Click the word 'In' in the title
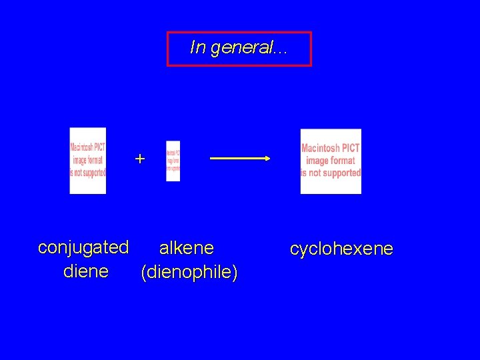pyautogui.click(x=197, y=48)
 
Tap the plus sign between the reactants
pyautogui.click(x=139, y=159)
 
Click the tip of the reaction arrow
pyautogui.click(x=267, y=159)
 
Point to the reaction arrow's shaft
pyautogui.click(x=237, y=159)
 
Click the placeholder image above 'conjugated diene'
pyautogui.click(x=88, y=160)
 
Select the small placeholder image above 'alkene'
pyautogui.click(x=173, y=161)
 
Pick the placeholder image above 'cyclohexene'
pyautogui.click(x=331, y=161)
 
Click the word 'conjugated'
pyautogui.click(x=83, y=247)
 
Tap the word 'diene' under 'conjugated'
pyautogui.click(x=86, y=271)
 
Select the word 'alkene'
pyautogui.click(x=187, y=249)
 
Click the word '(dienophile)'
pyautogui.click(x=189, y=273)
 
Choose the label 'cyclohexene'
pyautogui.click(x=341, y=249)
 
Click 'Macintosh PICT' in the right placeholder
pyautogui.click(x=331, y=149)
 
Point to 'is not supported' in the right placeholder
pyautogui.click(x=331, y=173)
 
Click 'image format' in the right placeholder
pyautogui.click(x=331, y=161)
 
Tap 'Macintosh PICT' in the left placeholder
pyautogui.click(x=88, y=148)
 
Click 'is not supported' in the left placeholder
pyautogui.click(x=88, y=173)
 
